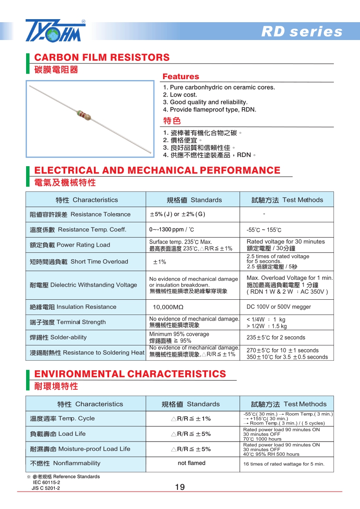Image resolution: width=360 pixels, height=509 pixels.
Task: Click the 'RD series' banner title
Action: click(302, 32)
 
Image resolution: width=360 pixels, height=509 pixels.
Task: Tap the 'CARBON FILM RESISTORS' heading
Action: click(102, 57)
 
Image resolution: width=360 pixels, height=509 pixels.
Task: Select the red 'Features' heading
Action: click(180, 77)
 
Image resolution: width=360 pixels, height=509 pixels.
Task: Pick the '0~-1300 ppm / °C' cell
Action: click(171, 229)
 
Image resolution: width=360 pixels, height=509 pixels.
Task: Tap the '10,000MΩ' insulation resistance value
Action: click(165, 307)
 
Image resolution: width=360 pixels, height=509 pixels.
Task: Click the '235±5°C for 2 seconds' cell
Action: click(276, 337)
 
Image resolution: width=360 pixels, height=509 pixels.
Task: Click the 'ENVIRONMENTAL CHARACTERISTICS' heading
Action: click(130, 374)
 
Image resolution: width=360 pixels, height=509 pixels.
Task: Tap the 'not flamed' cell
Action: click(191, 463)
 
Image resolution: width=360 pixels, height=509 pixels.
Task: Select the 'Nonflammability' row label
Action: click(65, 463)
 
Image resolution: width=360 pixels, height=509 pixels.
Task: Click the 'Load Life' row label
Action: click(58, 434)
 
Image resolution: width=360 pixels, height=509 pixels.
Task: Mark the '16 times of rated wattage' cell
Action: click(283, 464)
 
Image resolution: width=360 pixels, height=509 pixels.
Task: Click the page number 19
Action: click(180, 487)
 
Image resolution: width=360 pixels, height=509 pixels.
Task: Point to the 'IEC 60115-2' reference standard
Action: click(47, 482)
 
